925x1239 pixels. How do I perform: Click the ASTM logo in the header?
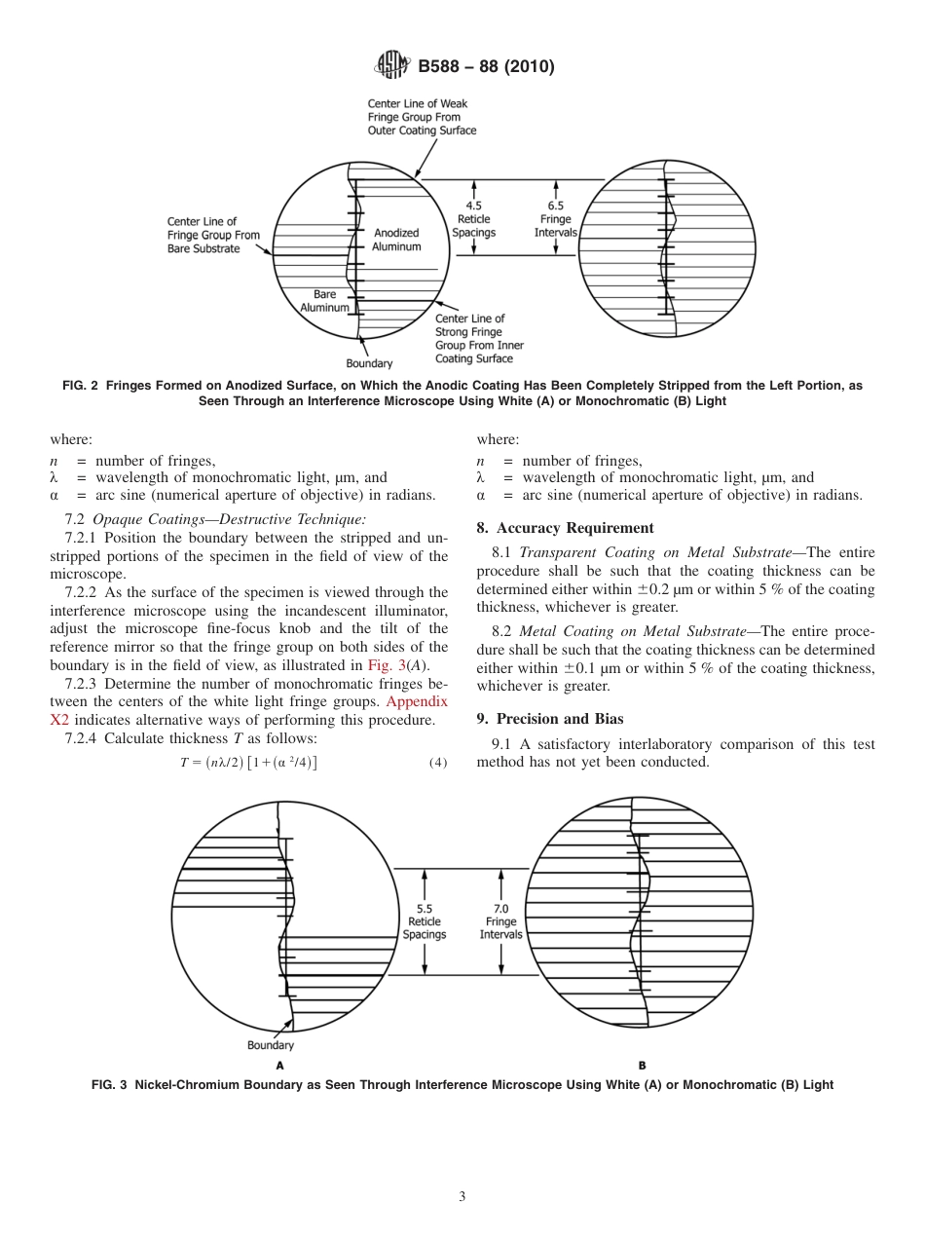coord(392,66)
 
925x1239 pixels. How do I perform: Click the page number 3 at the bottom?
coord(462,1196)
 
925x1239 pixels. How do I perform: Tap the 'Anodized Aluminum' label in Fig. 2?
coord(396,240)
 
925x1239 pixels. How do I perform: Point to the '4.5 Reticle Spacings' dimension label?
coord(474,219)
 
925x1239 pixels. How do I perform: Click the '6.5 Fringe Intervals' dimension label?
coord(555,219)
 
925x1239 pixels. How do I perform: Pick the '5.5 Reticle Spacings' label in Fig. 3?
coord(424,921)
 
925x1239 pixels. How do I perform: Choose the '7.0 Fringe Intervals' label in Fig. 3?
coord(500,921)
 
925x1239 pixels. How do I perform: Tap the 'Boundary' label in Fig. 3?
coord(270,1045)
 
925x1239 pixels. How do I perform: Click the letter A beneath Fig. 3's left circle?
coord(280,1066)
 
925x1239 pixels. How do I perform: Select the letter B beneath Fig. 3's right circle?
coord(642,1066)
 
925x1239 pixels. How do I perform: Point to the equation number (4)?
coord(437,763)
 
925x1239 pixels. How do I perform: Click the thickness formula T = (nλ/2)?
coord(248,763)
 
